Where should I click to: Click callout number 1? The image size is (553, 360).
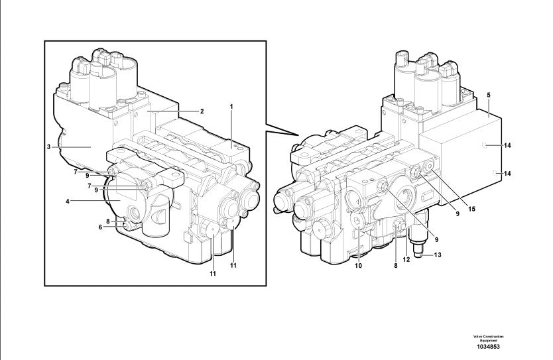[231, 106]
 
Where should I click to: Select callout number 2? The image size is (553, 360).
[202, 111]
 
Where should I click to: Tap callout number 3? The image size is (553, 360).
[48, 147]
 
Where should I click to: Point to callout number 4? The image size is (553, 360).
[67, 202]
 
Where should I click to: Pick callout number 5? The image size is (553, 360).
[489, 95]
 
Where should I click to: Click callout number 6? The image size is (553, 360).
[100, 227]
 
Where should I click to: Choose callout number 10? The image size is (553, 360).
[358, 265]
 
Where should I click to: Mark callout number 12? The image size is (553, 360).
[406, 259]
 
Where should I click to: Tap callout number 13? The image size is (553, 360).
[438, 255]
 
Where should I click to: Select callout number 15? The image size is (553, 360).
[471, 209]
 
